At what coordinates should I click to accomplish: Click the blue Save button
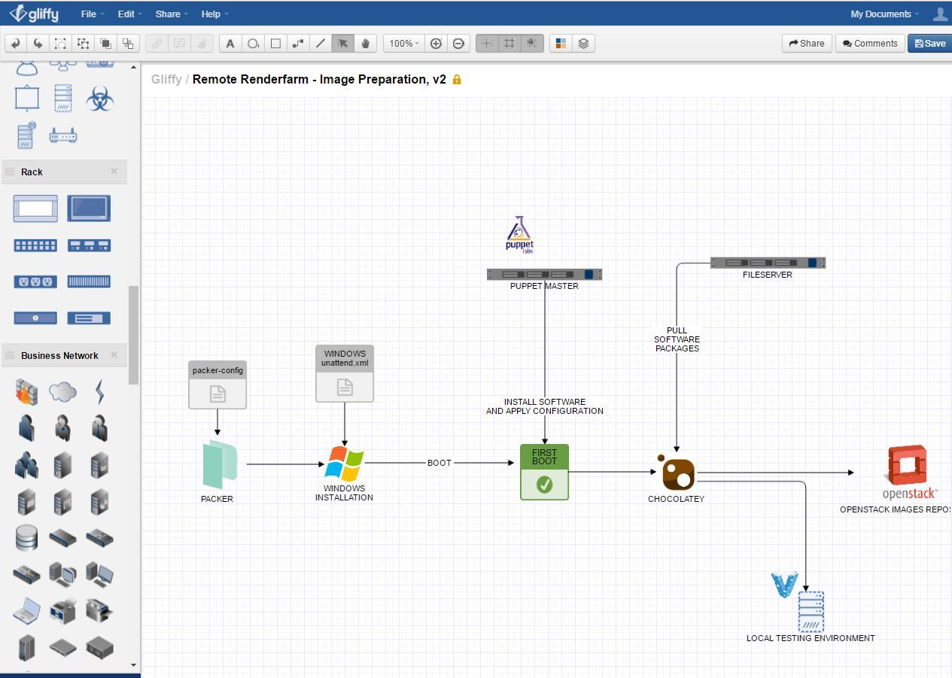coord(929,44)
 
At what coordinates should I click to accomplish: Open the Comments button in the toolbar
coord(870,44)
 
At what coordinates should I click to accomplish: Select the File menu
coord(89,14)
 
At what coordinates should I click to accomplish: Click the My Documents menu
coord(881,14)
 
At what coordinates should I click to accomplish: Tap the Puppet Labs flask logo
coord(519,234)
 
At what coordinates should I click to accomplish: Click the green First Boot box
coord(544,472)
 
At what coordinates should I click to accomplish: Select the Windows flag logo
coord(344,464)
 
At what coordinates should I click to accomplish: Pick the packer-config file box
coord(217,385)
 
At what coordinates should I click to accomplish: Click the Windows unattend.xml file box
coord(345,373)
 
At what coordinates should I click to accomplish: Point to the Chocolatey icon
coord(677,473)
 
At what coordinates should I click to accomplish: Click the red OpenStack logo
coord(908,466)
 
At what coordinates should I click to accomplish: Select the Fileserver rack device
coord(768,263)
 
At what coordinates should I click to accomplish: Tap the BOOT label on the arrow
coord(440,463)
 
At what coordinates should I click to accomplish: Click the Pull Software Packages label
coord(677,339)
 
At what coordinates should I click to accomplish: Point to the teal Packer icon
coord(219,464)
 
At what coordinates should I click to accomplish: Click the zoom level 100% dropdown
coord(403,44)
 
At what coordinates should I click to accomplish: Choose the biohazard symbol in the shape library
coord(99,99)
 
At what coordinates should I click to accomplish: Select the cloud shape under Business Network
coord(62,391)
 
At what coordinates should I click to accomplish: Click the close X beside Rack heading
coord(114,172)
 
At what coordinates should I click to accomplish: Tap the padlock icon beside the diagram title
coord(457,80)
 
